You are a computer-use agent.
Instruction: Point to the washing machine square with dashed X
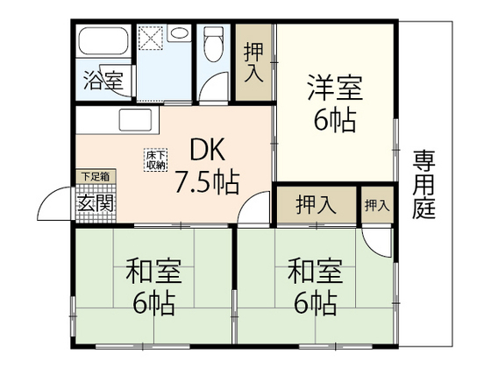click(x=150, y=38)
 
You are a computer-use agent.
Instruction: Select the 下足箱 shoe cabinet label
click(x=96, y=175)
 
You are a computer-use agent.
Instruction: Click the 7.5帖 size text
click(x=207, y=184)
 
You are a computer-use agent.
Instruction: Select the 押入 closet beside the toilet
click(x=253, y=62)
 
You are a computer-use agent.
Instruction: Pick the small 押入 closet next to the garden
click(x=377, y=205)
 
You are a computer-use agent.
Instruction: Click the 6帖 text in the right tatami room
click(x=315, y=305)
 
